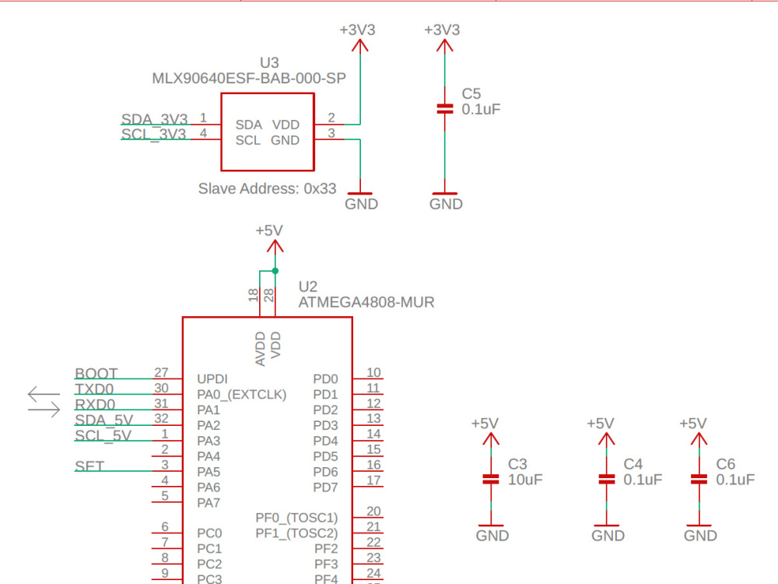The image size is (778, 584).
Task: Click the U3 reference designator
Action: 269,62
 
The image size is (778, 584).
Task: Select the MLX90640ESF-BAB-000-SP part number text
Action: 249,79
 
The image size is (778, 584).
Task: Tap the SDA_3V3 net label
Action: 154,119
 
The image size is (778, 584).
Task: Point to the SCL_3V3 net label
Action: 153,134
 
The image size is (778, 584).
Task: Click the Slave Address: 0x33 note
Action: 267,188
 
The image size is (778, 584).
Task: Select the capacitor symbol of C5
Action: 444,109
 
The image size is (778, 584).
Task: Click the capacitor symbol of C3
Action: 490,479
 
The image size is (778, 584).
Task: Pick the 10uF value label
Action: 525,480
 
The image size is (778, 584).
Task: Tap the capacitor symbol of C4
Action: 606,479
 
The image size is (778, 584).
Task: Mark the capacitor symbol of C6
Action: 699,479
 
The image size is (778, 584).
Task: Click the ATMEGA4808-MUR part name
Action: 366,302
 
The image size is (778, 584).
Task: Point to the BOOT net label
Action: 96,374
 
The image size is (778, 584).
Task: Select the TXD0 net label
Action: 94,389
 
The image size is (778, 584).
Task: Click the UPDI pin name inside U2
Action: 212,379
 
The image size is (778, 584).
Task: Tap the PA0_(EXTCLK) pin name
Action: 241,395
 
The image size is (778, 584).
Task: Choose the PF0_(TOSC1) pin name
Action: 296,518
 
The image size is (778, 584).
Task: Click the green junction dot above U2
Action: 275,270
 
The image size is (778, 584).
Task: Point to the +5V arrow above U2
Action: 275,246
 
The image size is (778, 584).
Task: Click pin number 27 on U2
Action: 162,372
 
